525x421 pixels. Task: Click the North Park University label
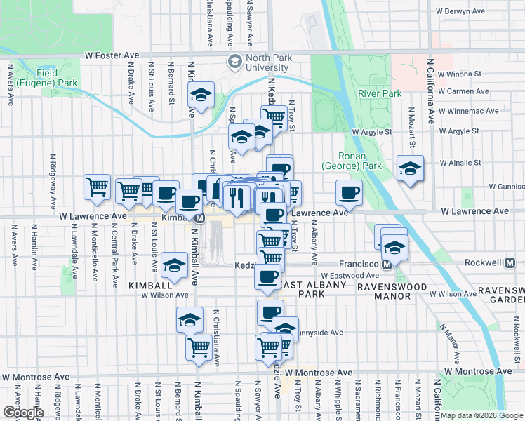click(257, 63)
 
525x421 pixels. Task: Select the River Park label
click(379, 93)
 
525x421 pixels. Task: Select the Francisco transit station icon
click(386, 264)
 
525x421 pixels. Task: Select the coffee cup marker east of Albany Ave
click(349, 192)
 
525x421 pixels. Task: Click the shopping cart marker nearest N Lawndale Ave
click(97, 187)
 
